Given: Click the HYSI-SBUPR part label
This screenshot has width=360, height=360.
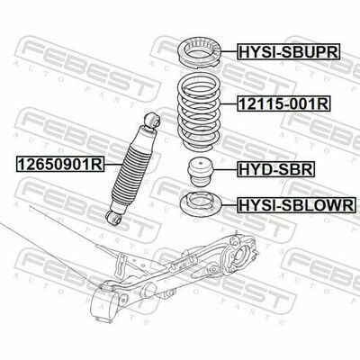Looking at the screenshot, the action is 289,52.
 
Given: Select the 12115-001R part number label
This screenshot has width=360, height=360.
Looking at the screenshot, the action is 283,103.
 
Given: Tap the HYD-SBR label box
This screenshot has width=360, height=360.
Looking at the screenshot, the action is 275,169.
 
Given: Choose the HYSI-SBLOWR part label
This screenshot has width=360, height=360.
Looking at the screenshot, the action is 296,205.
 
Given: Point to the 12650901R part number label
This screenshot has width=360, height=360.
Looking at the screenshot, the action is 60,164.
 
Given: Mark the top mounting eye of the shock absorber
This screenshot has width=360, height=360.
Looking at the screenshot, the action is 153,120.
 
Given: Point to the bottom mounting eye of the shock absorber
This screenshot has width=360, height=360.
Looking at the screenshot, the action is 113,217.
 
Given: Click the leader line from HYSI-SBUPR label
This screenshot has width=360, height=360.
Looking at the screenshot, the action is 229,52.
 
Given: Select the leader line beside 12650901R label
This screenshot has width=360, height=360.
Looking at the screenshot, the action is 113,164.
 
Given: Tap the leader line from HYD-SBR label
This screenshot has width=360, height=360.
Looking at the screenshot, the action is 225,169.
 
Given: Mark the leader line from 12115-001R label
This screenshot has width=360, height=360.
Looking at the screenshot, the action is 229,103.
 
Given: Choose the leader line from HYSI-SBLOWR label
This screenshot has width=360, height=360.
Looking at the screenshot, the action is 229,205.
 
